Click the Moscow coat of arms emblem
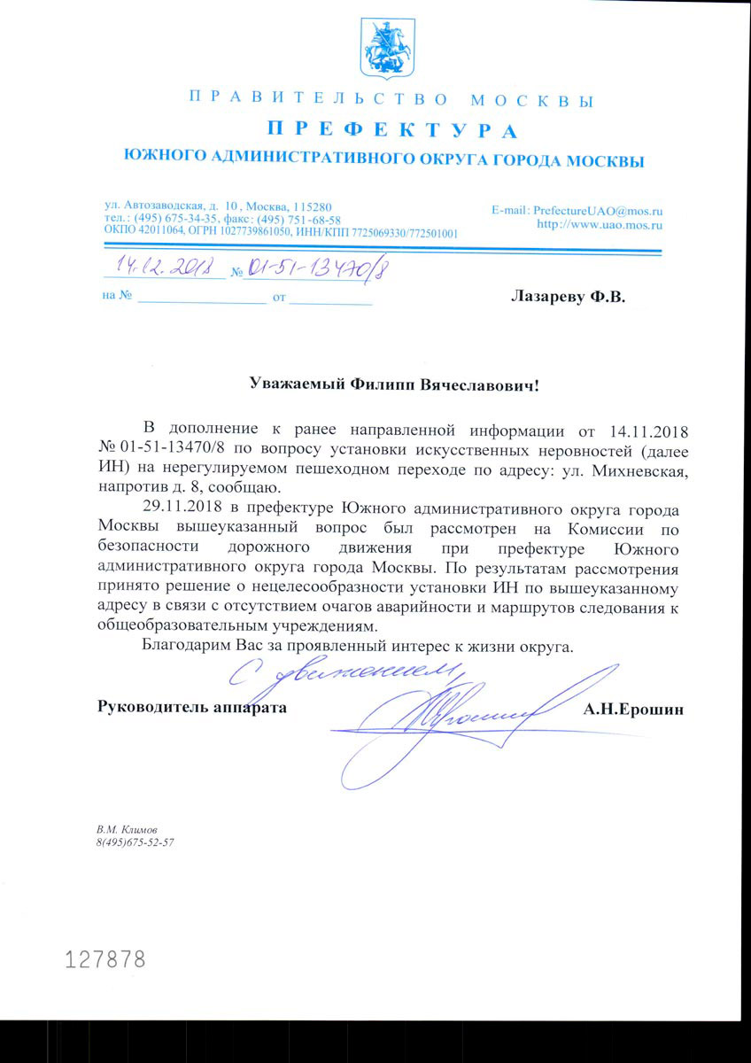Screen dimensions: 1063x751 tap(386, 49)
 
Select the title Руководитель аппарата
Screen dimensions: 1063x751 tap(192, 708)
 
